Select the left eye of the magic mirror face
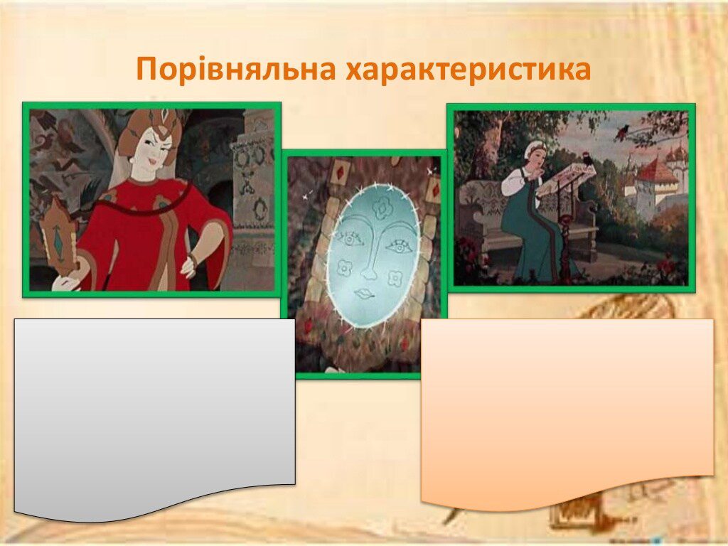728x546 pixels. tap(350, 239)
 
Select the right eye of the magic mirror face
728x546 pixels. tap(400, 246)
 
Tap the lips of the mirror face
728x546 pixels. tap(365, 294)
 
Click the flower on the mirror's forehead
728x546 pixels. tap(382, 208)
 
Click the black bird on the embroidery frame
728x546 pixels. tap(589, 161)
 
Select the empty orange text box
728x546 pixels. tap(567, 409)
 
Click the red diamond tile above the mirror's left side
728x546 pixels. tap(341, 172)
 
